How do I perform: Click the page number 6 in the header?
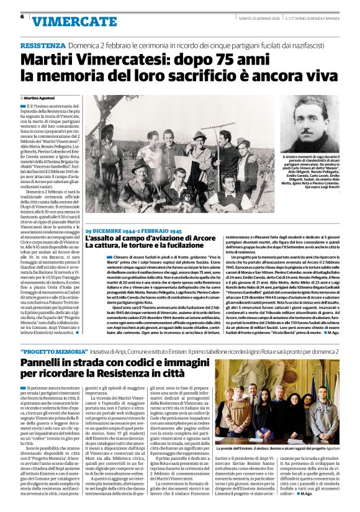pos(22,17)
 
